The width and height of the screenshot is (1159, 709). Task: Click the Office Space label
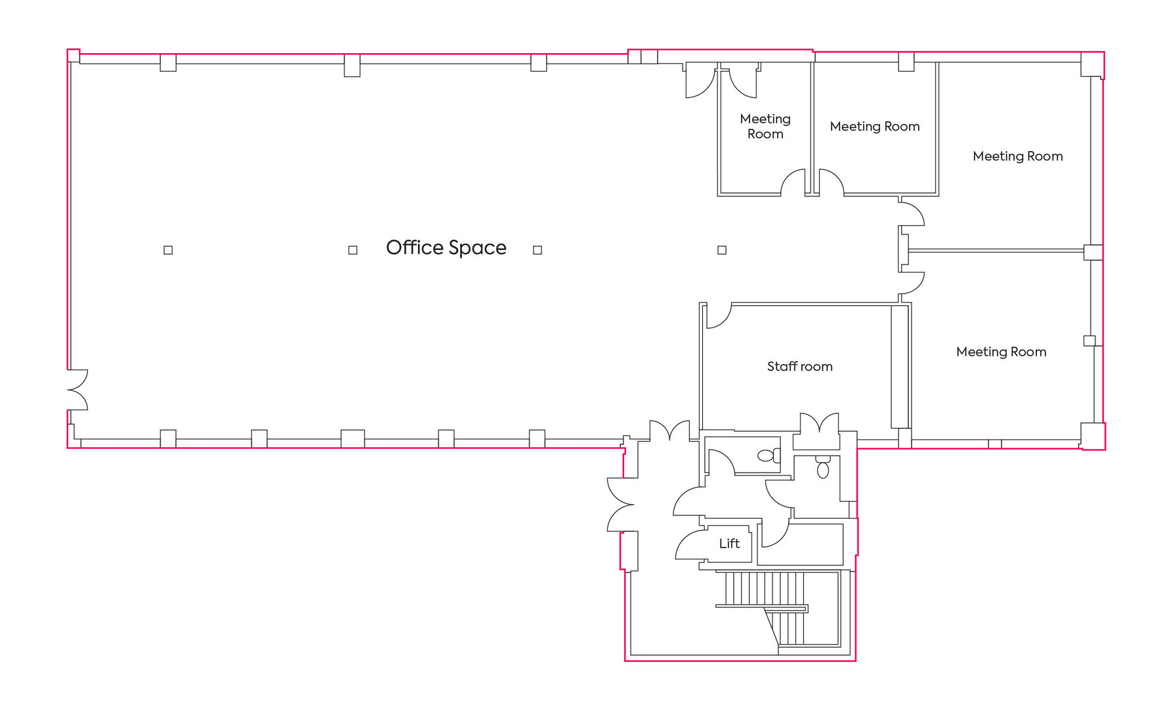(446, 247)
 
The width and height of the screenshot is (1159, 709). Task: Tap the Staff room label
(799, 366)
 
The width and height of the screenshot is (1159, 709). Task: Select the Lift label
(728, 544)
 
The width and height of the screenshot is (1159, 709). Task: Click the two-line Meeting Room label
(765, 126)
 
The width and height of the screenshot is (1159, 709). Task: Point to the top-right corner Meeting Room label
(1017, 156)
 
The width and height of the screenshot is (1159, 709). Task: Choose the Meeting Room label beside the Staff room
(1001, 352)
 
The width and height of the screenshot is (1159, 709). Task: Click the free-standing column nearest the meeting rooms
(722, 250)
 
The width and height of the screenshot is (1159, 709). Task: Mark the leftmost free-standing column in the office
(168, 250)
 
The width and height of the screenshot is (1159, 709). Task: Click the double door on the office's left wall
(77, 390)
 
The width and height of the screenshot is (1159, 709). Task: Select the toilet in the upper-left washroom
(768, 455)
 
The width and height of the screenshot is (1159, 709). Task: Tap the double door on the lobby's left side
(620, 504)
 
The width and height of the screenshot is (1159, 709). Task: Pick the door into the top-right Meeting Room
(912, 214)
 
